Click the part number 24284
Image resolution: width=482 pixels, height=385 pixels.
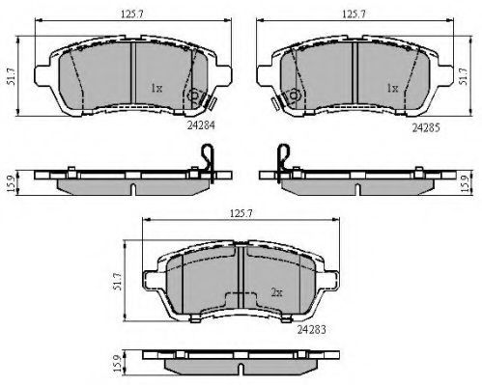point(201,125)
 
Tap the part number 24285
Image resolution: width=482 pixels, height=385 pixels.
point(426,128)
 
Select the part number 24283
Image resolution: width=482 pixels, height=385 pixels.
point(311,329)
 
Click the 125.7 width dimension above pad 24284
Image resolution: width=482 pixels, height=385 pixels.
point(132,14)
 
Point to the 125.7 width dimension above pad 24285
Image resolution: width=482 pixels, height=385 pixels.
point(354,14)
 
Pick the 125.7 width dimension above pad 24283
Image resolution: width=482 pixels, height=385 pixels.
point(241,213)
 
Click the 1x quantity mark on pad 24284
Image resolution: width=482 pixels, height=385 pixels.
point(156,88)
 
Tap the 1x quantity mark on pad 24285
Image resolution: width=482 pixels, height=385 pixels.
point(392,88)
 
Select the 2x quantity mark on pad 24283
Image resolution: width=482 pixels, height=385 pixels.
point(276,292)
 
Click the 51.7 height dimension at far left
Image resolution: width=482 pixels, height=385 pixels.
point(12,76)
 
